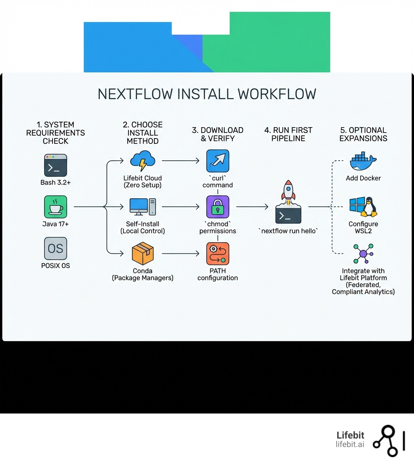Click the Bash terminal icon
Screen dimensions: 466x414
click(55, 165)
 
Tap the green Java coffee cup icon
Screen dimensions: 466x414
click(55, 207)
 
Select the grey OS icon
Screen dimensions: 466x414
click(55, 248)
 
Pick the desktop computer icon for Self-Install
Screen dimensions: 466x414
click(142, 207)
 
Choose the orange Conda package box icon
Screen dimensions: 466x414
click(143, 254)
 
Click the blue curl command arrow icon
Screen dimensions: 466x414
click(218, 161)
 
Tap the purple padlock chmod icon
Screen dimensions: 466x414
click(218, 207)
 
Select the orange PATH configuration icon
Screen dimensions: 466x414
click(218, 254)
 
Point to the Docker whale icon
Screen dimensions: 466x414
click(363, 162)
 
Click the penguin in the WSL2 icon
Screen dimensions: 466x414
click(369, 207)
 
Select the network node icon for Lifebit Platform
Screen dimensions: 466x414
click(363, 254)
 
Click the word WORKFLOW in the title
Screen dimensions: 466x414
click(277, 94)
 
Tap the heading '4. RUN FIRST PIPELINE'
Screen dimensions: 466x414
click(288, 134)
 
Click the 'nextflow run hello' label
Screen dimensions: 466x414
click(288, 231)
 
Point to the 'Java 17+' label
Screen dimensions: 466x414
click(55, 224)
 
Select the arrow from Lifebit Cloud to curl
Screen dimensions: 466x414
click(181, 161)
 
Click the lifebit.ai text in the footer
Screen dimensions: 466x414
click(350, 444)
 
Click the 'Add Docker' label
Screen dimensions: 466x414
click(363, 178)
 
